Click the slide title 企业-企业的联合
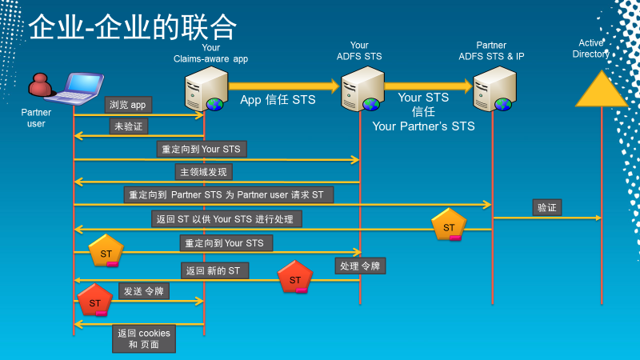click(133, 28)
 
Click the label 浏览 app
click(128, 104)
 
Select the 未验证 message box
click(129, 126)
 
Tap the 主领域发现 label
click(204, 172)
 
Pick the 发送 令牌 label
click(144, 291)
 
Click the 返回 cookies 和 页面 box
click(144, 338)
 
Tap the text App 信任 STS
click(278, 100)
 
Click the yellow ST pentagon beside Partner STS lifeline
click(449, 226)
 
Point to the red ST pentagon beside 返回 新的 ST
click(294, 278)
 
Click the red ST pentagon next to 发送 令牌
click(95, 301)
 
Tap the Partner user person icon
click(39, 87)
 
